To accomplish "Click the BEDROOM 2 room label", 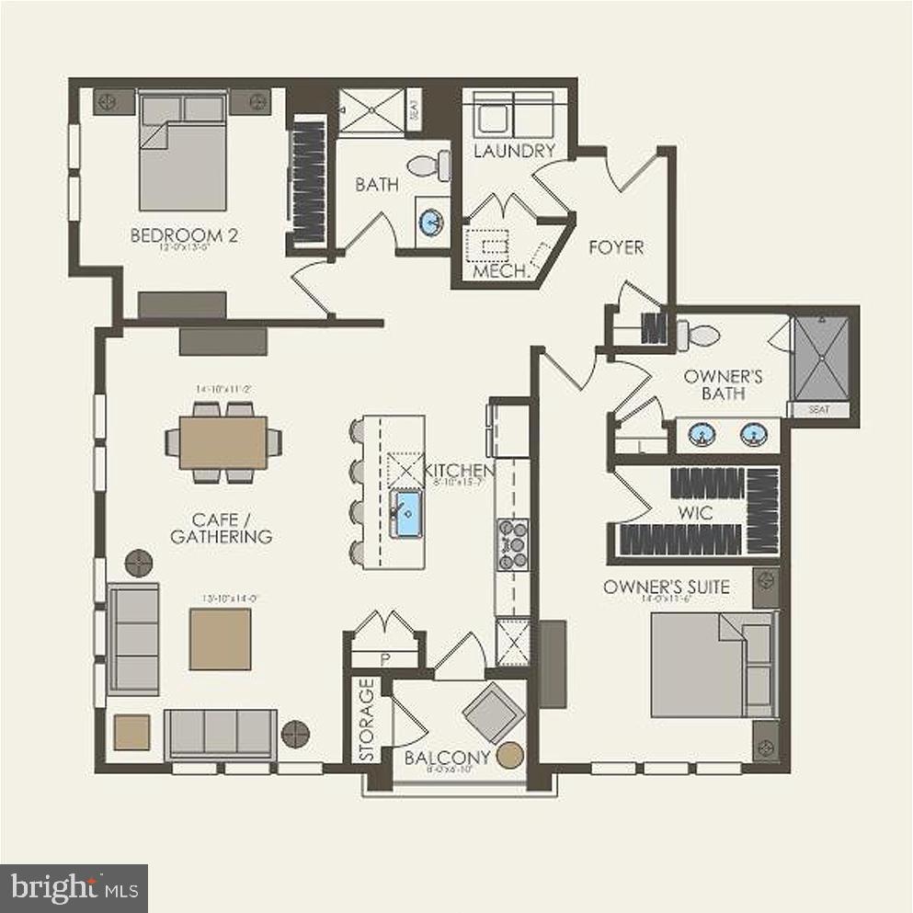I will (184, 235).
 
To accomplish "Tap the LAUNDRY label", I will (514, 151).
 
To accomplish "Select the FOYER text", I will (615, 246).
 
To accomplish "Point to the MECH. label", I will (499, 272).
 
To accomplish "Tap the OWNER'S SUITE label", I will (667, 587).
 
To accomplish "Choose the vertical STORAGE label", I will (366, 720).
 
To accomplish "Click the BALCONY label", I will (438, 759).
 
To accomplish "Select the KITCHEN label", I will (460, 472).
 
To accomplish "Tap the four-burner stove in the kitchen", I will (512, 543).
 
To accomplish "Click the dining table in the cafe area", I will (223, 442).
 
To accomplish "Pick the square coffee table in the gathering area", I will (220, 639).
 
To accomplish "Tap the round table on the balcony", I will (509, 756).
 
